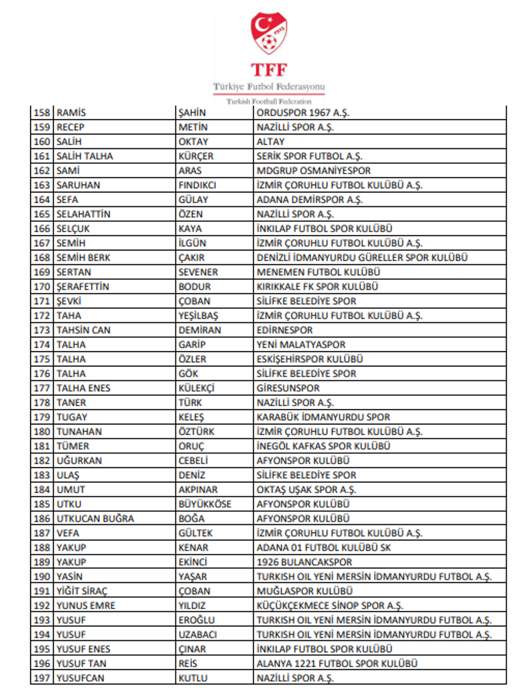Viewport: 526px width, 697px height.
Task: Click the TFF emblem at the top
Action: click(269, 35)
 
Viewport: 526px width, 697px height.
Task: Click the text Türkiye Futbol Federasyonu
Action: click(269, 87)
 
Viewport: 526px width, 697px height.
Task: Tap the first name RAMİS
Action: click(71, 113)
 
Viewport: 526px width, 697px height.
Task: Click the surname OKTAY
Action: click(194, 142)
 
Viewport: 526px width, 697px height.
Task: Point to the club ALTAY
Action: click(271, 142)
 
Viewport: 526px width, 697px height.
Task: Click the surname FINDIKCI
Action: click(198, 185)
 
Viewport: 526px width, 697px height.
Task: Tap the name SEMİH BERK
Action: click(84, 258)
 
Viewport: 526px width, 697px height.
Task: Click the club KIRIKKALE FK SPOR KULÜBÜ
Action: click(317, 287)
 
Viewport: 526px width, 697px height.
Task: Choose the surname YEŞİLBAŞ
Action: click(199, 316)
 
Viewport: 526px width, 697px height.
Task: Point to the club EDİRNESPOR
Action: click(285, 330)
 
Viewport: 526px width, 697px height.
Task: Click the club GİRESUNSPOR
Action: click(288, 388)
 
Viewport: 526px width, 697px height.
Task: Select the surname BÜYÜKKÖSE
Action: click(205, 504)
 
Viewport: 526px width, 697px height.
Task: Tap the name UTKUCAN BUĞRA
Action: click(95, 519)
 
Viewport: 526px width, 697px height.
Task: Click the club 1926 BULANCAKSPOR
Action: click(304, 562)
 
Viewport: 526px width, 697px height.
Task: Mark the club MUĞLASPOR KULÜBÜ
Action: click(304, 591)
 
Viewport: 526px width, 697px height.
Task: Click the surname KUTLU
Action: click(193, 678)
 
